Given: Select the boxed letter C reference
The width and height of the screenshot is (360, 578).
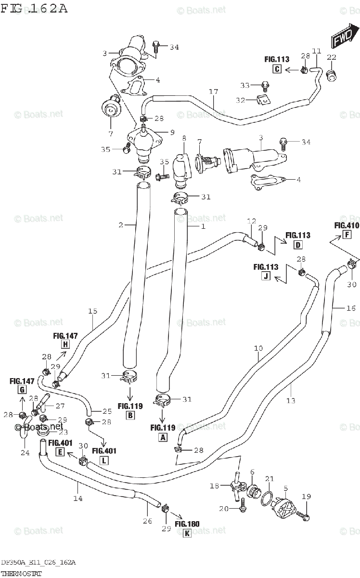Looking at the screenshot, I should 277,69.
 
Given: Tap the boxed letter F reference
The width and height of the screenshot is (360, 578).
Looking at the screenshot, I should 346,235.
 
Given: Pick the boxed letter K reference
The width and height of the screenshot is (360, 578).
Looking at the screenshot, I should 187,533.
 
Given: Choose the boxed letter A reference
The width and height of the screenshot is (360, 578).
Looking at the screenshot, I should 163,437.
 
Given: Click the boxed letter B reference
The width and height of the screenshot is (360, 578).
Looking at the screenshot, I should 129,415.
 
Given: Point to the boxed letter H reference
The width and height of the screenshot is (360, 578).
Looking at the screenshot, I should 65,344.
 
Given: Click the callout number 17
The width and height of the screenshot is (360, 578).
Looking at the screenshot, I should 213,92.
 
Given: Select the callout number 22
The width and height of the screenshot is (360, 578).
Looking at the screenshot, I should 332,57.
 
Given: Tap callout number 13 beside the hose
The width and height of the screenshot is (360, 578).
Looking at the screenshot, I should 291,400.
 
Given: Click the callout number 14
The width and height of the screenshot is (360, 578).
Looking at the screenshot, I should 77,499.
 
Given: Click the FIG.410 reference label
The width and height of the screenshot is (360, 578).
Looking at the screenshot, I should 347,225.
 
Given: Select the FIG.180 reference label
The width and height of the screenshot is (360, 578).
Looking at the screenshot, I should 187,524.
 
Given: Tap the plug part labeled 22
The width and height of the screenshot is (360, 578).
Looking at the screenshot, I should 331,75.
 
